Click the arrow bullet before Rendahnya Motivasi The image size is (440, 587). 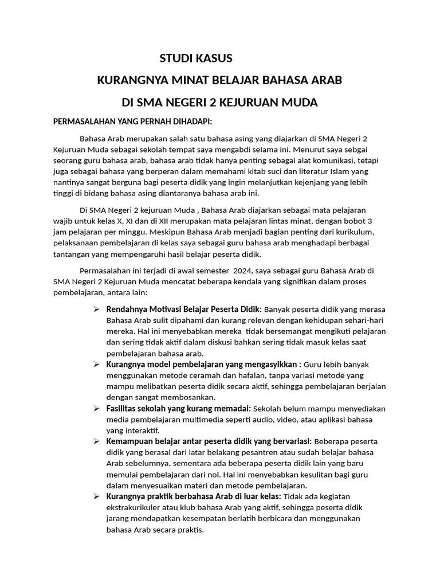pyautogui.click(x=97, y=310)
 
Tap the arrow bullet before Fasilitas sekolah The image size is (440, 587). pyautogui.click(x=97, y=409)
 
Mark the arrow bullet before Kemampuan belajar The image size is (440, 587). pyautogui.click(x=97, y=441)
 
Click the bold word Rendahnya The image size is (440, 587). pyautogui.click(x=127, y=310)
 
